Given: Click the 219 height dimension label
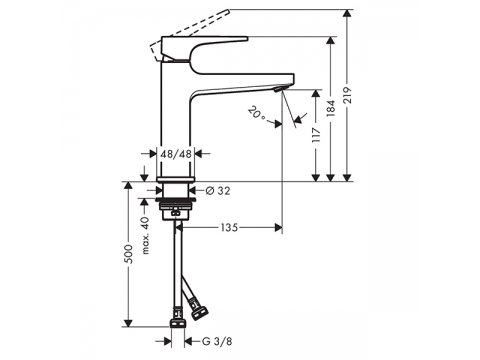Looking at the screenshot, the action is click(x=347, y=95).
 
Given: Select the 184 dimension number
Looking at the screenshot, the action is click(x=331, y=108).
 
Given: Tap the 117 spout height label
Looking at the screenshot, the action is click(x=316, y=135).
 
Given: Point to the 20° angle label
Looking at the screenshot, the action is click(x=257, y=113).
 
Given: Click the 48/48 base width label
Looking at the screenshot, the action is click(x=176, y=154).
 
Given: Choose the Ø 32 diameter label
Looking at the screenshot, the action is click(x=218, y=191).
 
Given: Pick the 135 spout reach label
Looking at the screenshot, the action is click(x=230, y=228).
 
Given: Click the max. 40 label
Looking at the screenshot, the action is click(x=146, y=234).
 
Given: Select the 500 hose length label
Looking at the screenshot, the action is click(x=129, y=254).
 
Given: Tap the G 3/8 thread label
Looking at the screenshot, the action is click(x=217, y=341).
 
